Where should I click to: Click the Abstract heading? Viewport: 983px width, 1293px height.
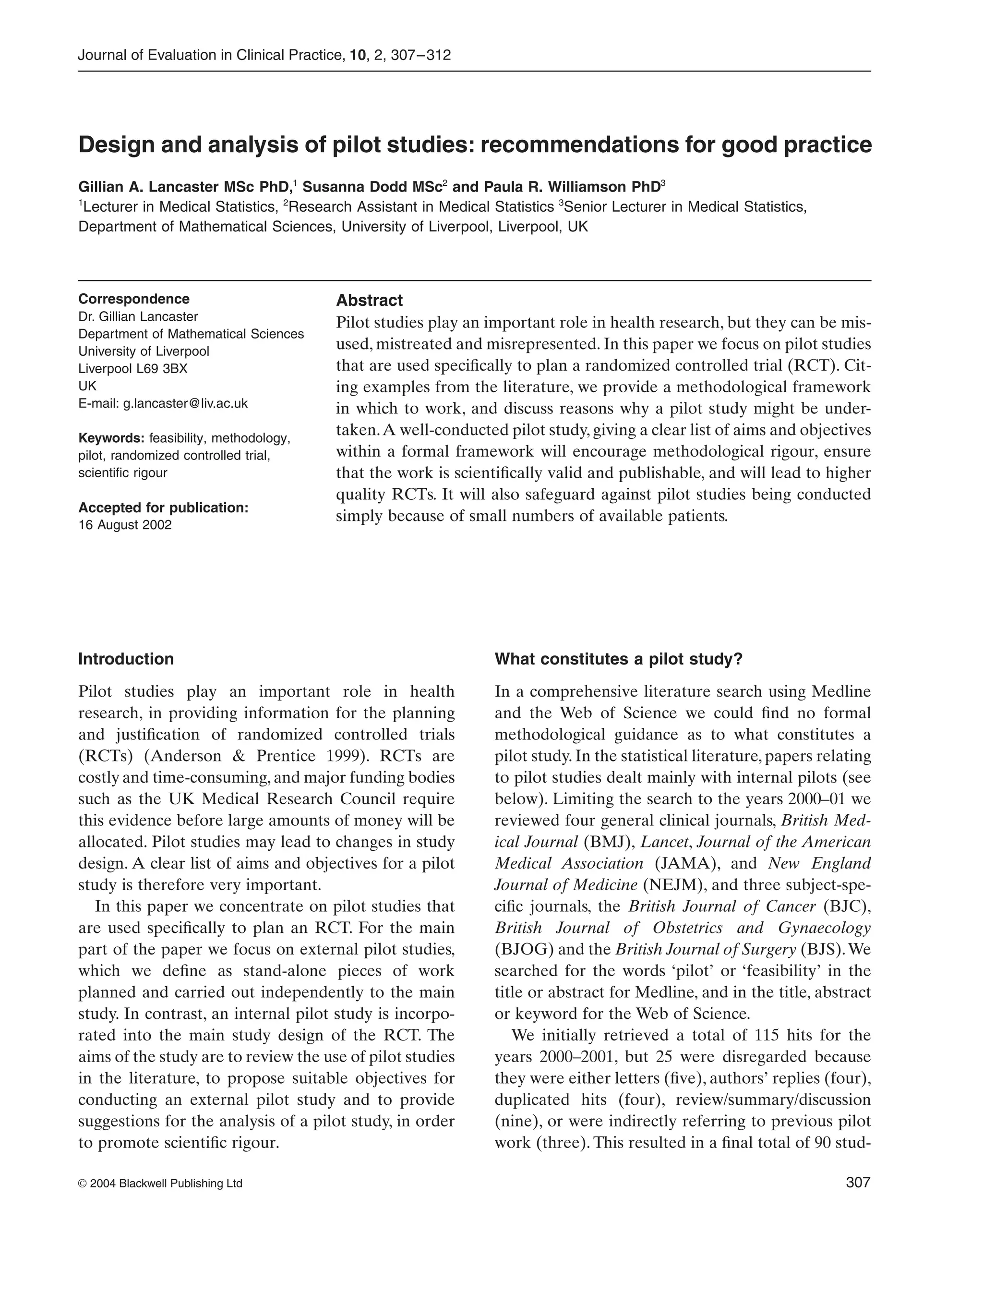(369, 301)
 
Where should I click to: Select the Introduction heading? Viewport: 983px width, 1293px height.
(126, 659)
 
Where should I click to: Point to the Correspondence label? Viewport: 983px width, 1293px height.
(134, 299)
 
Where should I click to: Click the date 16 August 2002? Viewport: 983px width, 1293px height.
(125, 525)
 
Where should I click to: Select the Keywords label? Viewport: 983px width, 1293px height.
(111, 438)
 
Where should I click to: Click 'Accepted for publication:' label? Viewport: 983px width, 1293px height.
(163, 508)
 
